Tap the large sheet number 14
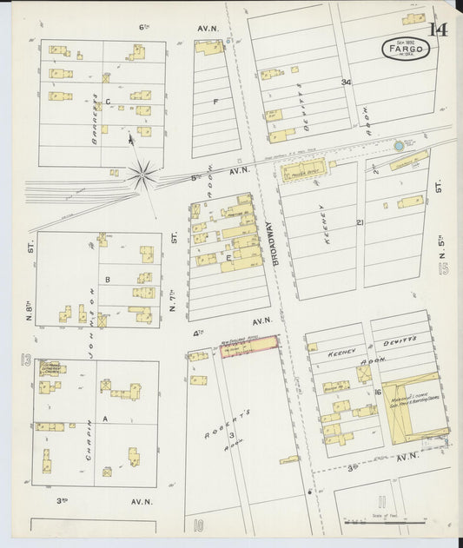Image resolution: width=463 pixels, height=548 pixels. click(438, 30)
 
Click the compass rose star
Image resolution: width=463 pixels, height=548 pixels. click(141, 175)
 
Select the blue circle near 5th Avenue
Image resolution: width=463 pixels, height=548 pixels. click(399, 146)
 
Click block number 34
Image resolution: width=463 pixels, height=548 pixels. click(346, 83)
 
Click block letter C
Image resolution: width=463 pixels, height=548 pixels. click(108, 102)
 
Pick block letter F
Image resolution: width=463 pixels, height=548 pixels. click(215, 102)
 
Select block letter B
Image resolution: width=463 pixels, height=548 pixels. click(107, 280)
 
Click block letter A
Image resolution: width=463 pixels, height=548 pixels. click(106, 419)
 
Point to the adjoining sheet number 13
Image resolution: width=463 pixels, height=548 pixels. click(25, 359)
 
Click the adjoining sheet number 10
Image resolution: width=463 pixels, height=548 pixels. click(198, 524)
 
